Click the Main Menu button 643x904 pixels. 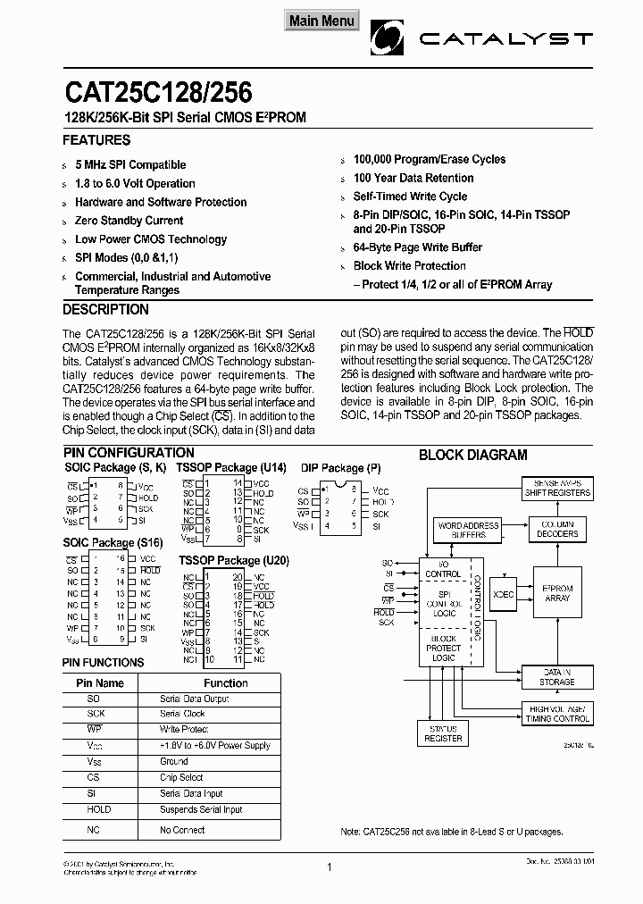click(x=321, y=21)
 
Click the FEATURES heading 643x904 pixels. click(x=96, y=140)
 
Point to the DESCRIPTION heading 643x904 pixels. click(x=105, y=309)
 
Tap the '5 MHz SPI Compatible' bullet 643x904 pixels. click(x=130, y=164)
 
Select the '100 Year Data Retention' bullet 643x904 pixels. click(x=413, y=178)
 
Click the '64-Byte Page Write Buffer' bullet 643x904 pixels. click(x=417, y=247)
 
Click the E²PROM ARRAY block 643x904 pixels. click(x=556, y=593)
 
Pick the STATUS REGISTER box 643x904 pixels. click(x=443, y=733)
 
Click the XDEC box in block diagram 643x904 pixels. click(x=504, y=593)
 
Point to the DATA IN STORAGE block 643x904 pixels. click(x=556, y=676)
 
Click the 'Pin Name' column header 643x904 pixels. click(x=98, y=683)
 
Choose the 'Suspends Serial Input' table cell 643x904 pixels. click(x=201, y=809)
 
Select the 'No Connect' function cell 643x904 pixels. click(x=182, y=830)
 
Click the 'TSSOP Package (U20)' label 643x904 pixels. click(x=233, y=560)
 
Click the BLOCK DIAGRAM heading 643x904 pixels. click(x=472, y=455)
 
